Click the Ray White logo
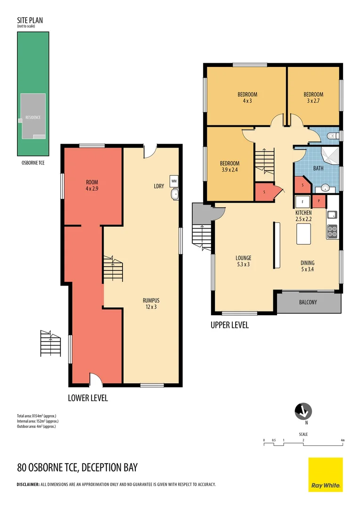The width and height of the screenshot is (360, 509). (326, 475)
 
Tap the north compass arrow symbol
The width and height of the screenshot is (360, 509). (304, 411)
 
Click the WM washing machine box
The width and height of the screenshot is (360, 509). (174, 181)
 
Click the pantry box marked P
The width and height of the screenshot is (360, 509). (319, 201)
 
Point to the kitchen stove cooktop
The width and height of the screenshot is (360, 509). (332, 231)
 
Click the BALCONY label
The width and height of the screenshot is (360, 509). (308, 302)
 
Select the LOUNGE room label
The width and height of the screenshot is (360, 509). (243, 261)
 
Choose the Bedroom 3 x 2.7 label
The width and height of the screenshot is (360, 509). (313, 98)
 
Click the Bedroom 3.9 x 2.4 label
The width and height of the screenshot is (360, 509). (230, 166)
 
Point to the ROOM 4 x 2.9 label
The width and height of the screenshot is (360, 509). (92, 185)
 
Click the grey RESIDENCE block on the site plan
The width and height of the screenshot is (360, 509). (33, 116)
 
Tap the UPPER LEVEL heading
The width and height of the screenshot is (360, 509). (229, 325)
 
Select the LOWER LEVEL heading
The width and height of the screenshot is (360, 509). (88, 398)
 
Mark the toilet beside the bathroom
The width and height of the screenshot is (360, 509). (333, 136)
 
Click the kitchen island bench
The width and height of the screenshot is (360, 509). (303, 234)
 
